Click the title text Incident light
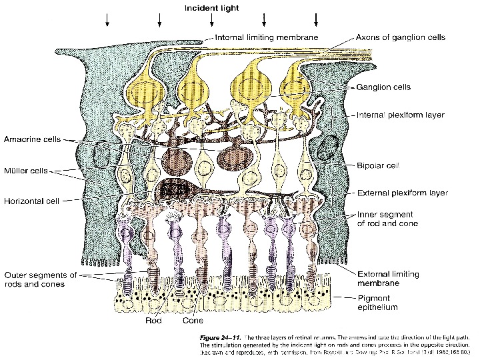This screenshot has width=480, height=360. [212, 8]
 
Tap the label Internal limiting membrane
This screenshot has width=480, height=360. [266, 37]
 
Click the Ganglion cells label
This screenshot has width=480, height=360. [383, 87]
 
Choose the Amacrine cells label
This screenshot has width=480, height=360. [32, 139]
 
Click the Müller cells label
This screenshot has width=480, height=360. [26, 171]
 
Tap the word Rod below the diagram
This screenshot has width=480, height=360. [153, 320]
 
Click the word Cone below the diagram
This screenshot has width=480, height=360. [193, 320]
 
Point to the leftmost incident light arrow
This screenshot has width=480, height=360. [107, 21]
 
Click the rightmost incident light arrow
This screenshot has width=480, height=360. [316, 21]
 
